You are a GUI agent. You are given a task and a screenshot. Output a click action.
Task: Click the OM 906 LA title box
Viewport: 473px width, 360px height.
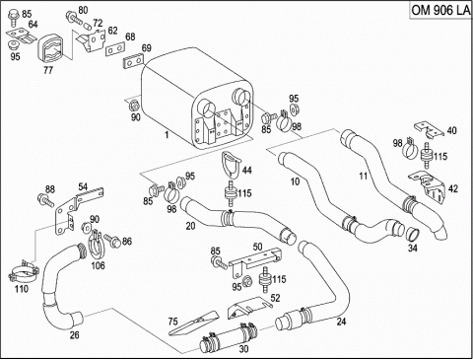click(x=440, y=10)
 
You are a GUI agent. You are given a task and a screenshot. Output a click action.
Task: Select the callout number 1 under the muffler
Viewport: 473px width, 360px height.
click(x=167, y=135)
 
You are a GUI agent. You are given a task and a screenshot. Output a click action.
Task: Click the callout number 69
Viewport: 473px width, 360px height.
click(x=147, y=48)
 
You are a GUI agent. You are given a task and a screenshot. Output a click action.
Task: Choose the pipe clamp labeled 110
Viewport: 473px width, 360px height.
click(x=23, y=272)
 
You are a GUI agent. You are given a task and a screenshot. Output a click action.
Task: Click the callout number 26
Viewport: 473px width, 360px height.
click(x=74, y=335)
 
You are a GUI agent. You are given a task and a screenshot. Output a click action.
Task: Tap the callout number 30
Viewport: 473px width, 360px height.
click(x=243, y=349)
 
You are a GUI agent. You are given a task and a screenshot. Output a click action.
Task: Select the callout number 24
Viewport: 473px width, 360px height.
click(x=341, y=322)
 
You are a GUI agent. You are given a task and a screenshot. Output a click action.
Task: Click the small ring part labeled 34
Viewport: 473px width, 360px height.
click(x=413, y=234)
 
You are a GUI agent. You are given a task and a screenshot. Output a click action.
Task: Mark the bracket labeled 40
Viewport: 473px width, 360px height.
click(x=429, y=129)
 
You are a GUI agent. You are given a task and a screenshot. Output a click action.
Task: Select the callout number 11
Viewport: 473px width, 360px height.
click(x=363, y=176)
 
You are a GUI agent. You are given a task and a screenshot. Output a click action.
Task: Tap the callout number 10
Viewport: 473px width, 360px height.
click(x=296, y=181)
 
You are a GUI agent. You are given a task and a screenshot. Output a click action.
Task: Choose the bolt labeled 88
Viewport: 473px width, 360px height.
click(x=46, y=199)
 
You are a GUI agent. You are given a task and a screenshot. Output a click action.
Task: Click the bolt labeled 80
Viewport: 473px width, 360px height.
click(x=74, y=16)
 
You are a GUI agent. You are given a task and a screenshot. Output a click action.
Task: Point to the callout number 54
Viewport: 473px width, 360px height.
click(x=83, y=187)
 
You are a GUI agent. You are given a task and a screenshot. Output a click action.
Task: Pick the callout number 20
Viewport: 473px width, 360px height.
click(x=190, y=226)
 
